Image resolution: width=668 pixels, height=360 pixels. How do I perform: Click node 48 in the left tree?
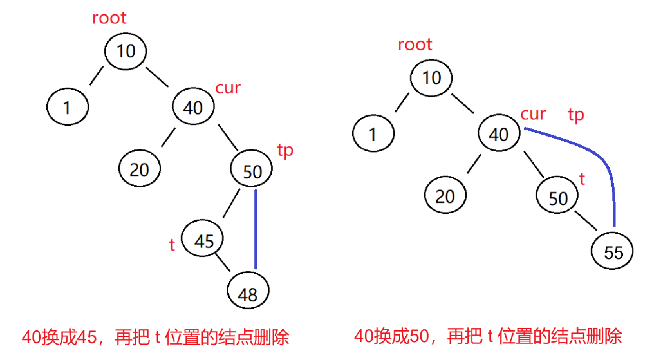(x=248, y=292)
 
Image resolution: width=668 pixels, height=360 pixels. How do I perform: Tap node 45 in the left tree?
(x=203, y=240)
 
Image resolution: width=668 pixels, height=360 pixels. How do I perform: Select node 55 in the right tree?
(x=612, y=252)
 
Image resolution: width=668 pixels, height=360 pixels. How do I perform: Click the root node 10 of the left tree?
(x=126, y=51)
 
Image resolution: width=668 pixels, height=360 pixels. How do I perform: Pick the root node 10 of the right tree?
(x=431, y=78)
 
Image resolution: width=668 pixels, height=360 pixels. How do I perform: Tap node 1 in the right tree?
(x=373, y=134)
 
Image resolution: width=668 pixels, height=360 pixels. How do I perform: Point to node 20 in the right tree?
(x=445, y=196)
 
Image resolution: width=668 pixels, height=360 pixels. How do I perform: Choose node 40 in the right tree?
(x=499, y=134)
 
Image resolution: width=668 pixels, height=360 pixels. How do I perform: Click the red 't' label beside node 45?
(x=172, y=245)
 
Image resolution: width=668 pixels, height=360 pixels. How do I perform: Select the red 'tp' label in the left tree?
(x=285, y=151)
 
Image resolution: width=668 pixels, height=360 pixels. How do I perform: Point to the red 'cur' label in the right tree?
(x=533, y=114)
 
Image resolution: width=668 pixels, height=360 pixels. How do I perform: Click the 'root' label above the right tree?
(x=414, y=44)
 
